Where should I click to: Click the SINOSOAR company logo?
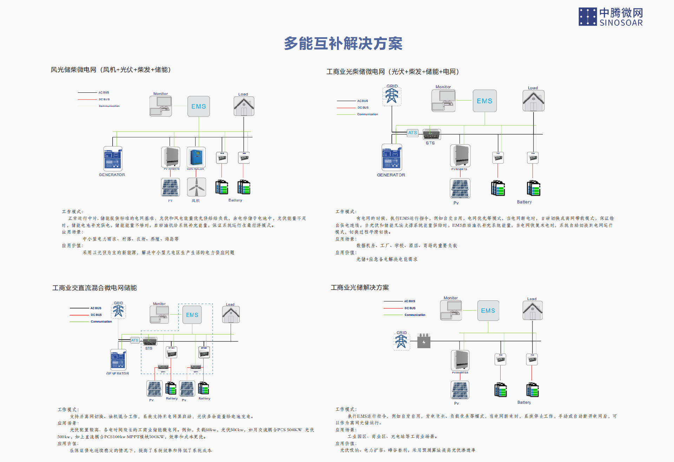point(610,17)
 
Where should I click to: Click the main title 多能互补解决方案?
point(343,44)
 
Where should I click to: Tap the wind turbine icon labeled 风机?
point(196,187)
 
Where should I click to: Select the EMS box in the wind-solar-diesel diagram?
point(198,106)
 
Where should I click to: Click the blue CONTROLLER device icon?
point(196,157)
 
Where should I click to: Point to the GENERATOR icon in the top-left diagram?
point(113,159)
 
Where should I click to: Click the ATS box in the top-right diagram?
point(412,133)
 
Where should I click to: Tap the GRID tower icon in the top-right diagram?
point(392,96)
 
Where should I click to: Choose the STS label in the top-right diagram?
point(430,143)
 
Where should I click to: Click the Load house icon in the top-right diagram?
point(533,101)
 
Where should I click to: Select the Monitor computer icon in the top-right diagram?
point(443,100)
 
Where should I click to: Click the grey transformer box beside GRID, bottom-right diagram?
point(424,341)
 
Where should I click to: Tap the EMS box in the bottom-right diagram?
point(488,311)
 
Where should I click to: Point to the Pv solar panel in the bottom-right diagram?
point(460,390)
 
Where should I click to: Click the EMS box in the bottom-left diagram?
point(192,315)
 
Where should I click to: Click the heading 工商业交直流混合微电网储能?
point(94,288)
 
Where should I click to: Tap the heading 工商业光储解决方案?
point(359,288)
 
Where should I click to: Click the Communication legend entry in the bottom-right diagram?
point(415,315)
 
